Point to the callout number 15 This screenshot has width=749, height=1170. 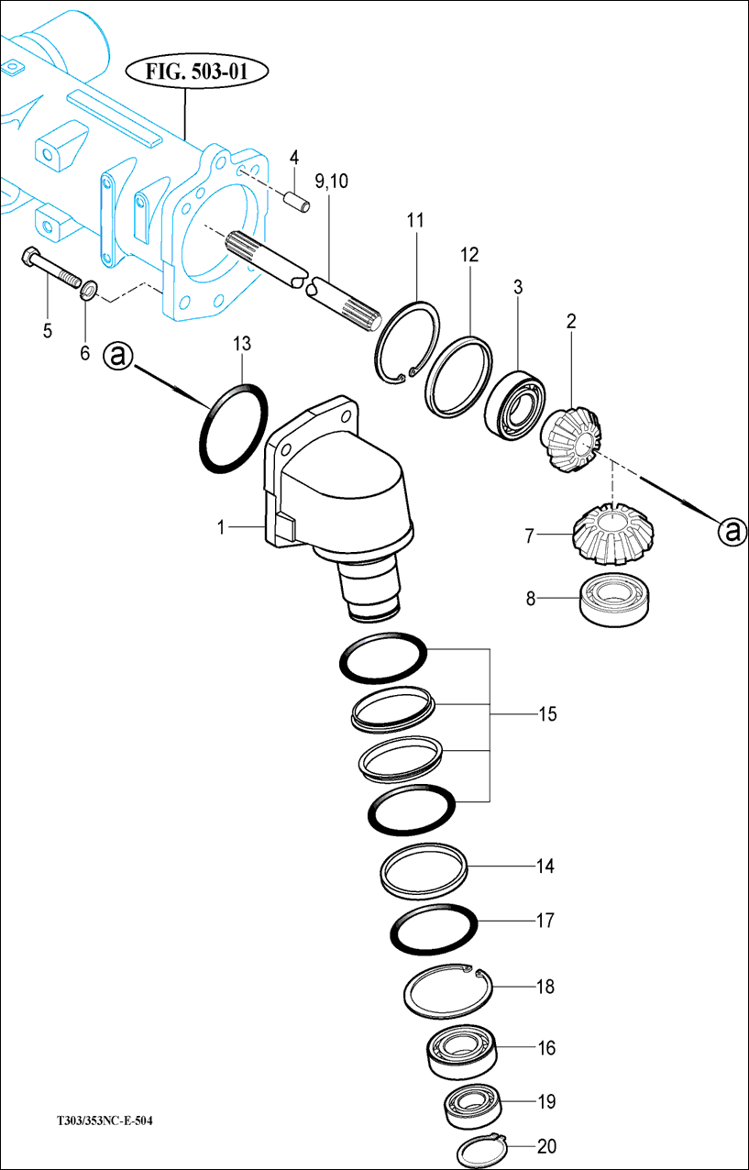tap(546, 714)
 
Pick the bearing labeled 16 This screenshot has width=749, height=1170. tap(462, 1051)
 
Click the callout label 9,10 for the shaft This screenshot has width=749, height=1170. tap(331, 182)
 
